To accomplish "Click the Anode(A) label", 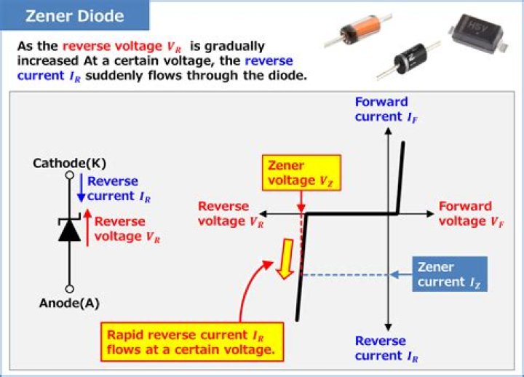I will point(69,303).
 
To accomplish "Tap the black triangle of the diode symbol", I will point(69,230).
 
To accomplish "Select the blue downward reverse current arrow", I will point(81,188).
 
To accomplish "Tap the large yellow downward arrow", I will point(287,259).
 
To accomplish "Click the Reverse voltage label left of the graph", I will point(224,213).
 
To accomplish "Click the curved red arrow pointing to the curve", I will point(247,295).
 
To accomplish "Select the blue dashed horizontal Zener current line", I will point(342,274).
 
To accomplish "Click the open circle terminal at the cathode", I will point(69,175).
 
